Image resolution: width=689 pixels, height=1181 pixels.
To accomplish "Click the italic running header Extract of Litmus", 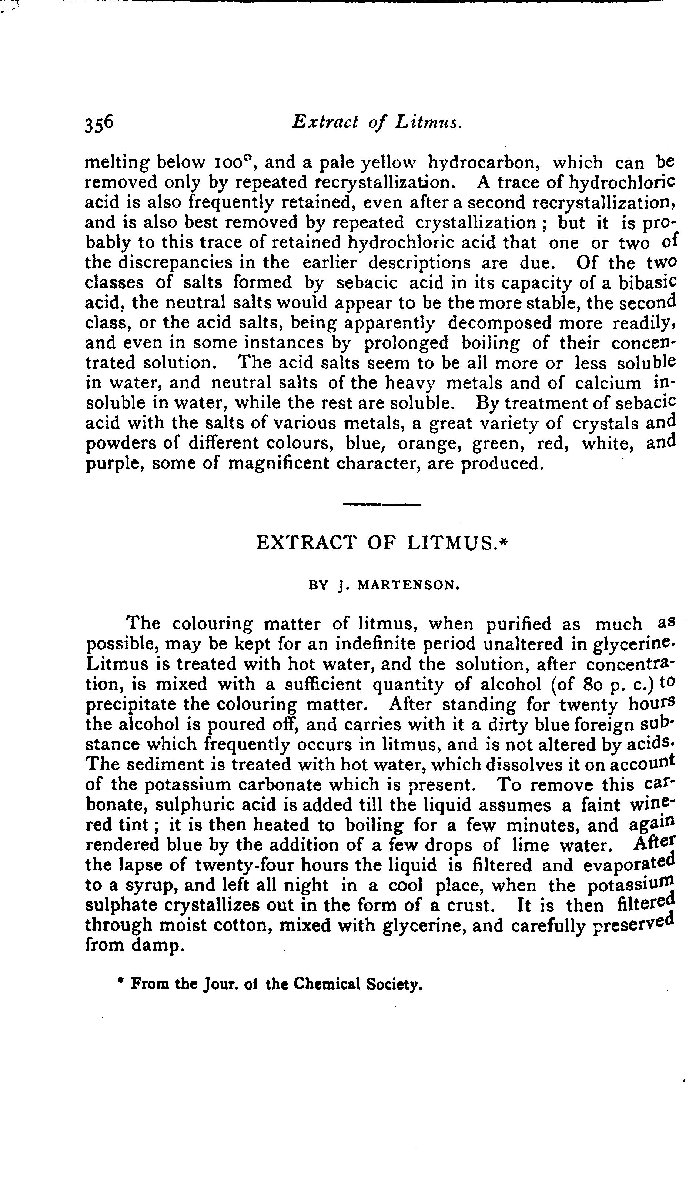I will (378, 123).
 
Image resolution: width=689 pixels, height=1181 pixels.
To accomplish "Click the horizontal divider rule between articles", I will (382, 505).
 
